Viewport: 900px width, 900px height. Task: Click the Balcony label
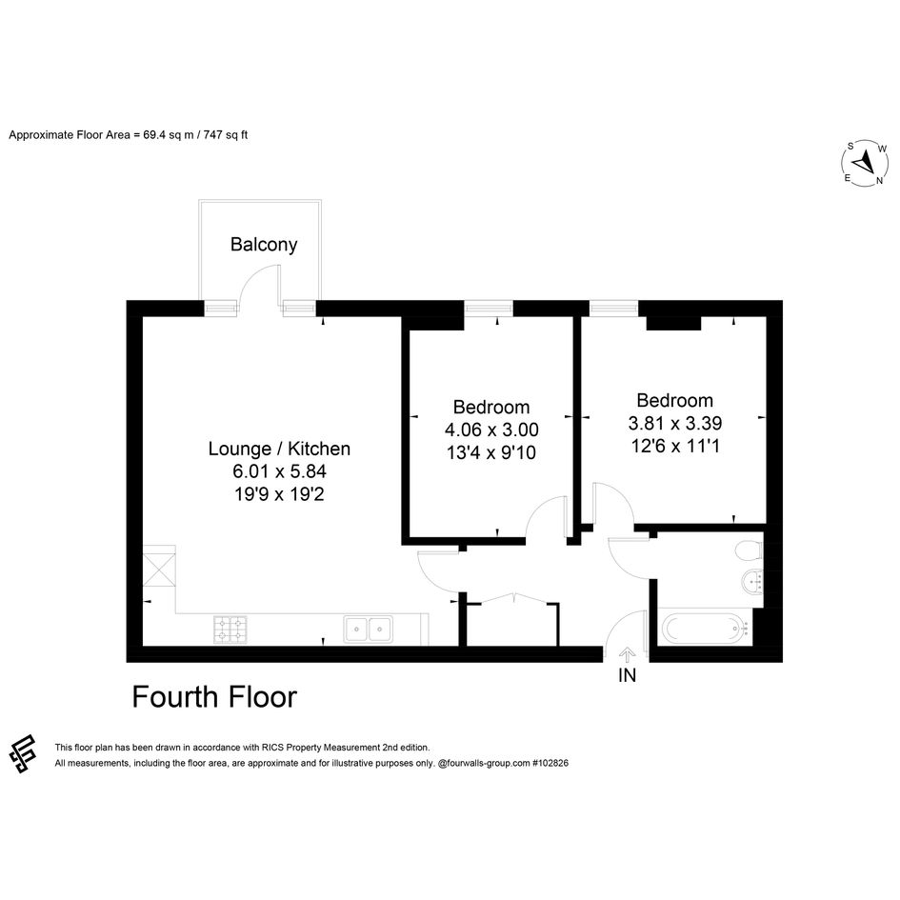(x=264, y=245)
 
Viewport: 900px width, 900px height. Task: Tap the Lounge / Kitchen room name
(x=279, y=449)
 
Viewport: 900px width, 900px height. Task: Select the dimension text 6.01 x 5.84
(x=279, y=471)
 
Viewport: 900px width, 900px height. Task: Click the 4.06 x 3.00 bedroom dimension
(x=491, y=430)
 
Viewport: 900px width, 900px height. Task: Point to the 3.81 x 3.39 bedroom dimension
(x=675, y=423)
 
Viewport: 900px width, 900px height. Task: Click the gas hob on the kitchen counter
(x=230, y=630)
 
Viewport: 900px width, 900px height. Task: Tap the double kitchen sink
(x=369, y=630)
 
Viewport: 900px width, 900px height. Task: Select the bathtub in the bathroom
(x=706, y=629)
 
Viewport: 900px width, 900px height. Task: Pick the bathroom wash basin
(x=752, y=583)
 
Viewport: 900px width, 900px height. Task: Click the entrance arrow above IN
(x=627, y=655)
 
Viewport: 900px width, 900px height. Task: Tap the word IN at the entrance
(x=627, y=675)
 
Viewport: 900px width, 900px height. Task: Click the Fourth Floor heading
(x=214, y=697)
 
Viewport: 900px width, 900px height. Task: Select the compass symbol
(x=865, y=164)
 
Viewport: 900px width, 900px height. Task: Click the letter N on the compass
(x=879, y=181)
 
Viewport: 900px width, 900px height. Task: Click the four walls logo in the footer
(x=23, y=753)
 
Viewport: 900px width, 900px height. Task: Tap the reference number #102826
(x=550, y=763)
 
